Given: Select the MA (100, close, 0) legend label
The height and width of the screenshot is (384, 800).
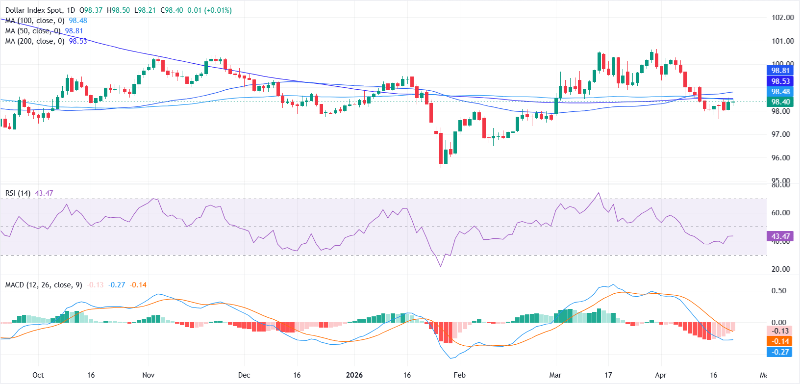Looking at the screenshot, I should [x=35, y=21].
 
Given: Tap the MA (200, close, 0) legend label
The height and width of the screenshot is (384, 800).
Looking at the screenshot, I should [x=35, y=41].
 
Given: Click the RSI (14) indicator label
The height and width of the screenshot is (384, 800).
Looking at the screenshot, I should [x=18, y=193].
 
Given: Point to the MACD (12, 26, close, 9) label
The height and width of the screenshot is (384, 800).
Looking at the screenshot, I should [x=44, y=285].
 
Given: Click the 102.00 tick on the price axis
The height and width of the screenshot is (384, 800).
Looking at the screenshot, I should [x=782, y=18].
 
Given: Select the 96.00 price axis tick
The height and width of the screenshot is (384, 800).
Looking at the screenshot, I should [x=782, y=158].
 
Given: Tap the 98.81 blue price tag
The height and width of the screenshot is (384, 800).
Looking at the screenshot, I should [x=780, y=71].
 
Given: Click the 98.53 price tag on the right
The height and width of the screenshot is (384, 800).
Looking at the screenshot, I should [x=780, y=81].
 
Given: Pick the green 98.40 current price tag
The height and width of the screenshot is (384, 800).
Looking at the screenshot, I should [x=780, y=102].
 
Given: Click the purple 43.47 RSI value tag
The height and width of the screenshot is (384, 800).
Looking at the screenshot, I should [x=780, y=236].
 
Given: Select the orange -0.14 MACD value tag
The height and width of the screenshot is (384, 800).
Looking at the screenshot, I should [x=780, y=341].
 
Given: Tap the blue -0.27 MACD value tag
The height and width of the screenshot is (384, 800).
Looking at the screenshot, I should [x=780, y=352].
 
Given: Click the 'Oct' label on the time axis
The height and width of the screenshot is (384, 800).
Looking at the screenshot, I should [x=38, y=375].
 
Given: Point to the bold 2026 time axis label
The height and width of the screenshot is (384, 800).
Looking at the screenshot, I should [x=354, y=375].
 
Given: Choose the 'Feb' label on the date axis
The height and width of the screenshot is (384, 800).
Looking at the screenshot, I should [x=459, y=375].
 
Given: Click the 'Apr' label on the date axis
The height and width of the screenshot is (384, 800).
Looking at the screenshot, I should [x=661, y=375].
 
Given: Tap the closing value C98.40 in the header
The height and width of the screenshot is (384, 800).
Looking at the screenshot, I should [x=172, y=10].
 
